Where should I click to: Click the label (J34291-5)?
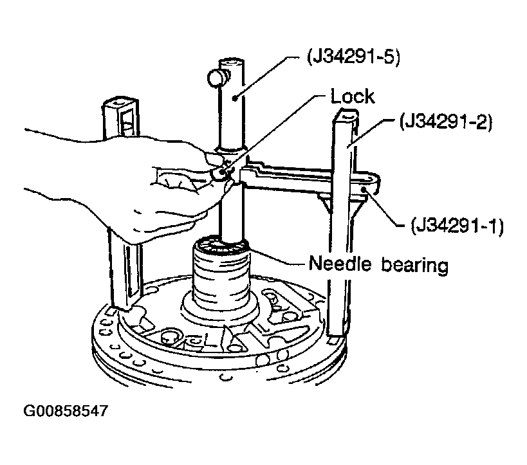pyautogui.click(x=353, y=57)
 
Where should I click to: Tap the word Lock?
pyautogui.click(x=352, y=96)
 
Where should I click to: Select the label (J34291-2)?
pyautogui.click(x=446, y=122)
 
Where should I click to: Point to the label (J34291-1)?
pyautogui.click(x=457, y=226)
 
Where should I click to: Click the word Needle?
pyautogui.click(x=340, y=264)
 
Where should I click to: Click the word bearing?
pyautogui.click(x=414, y=265)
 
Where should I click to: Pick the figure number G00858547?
pyautogui.click(x=66, y=410)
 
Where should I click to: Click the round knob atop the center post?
pyautogui.click(x=215, y=78)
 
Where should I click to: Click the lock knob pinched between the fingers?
pyautogui.click(x=219, y=172)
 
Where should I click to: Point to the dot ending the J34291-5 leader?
pyautogui.click(x=235, y=98)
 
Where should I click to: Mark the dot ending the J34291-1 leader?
pyautogui.click(x=364, y=190)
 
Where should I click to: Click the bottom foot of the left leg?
pyautogui.click(x=122, y=305)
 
